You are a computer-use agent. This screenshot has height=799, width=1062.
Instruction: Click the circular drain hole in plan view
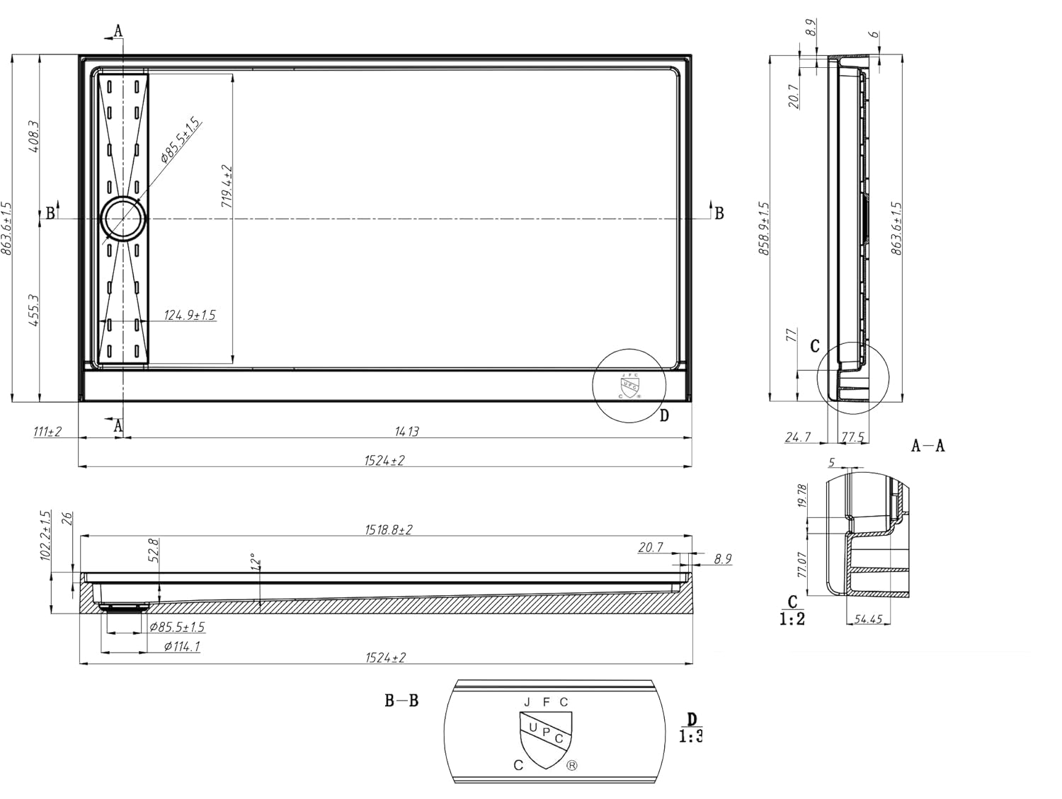click(123, 219)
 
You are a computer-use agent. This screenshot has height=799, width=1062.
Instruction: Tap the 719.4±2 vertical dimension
click(227, 186)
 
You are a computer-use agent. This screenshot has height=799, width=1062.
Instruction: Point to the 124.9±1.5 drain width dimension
click(190, 315)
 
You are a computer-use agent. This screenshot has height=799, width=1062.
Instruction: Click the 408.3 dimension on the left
click(33, 137)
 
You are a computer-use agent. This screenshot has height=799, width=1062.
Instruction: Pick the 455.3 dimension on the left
click(33, 311)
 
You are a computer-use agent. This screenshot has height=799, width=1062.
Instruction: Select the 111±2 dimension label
click(47, 431)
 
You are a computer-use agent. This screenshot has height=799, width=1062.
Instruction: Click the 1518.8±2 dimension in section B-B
click(388, 529)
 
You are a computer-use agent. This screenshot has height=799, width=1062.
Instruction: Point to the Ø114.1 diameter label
click(181, 646)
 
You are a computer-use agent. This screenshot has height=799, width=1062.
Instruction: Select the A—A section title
click(927, 446)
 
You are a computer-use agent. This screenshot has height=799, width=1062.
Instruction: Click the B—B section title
click(401, 701)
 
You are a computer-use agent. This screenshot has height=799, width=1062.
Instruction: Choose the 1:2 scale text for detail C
click(792, 619)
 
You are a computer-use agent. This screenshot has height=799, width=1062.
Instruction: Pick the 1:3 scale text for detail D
click(691, 737)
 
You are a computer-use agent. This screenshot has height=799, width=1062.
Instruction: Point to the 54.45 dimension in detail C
click(867, 619)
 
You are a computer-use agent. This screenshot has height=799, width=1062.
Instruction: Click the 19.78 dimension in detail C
click(802, 496)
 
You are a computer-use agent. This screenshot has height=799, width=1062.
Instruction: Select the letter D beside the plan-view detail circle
click(664, 415)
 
